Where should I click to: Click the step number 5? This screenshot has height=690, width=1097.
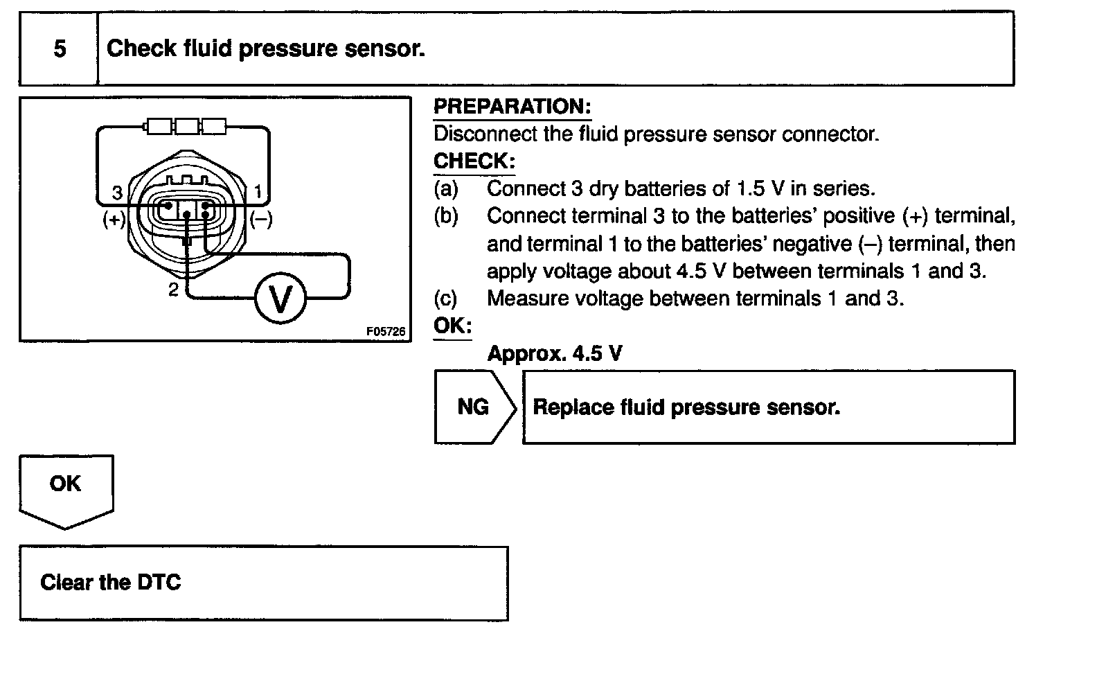(60, 48)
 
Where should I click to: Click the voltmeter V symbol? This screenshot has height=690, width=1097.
(280, 299)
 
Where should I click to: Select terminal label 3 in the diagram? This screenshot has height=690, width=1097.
(117, 192)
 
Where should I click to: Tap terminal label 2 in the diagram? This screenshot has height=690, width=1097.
(173, 290)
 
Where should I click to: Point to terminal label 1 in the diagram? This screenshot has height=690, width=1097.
(258, 191)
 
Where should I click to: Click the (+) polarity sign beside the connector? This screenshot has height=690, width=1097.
(114, 220)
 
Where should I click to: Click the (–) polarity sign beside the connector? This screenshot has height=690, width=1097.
(261, 220)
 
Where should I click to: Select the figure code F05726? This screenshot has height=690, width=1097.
(386, 332)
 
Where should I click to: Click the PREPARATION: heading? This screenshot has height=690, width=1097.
(512, 107)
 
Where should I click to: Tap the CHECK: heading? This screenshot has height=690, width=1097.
(474, 161)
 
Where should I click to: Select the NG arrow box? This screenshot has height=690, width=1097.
(474, 407)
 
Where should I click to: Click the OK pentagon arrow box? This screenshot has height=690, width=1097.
(66, 484)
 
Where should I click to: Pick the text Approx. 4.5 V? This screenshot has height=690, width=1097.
(554, 354)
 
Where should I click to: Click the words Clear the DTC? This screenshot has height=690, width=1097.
(111, 582)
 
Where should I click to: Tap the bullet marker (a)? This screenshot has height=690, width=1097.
(446, 188)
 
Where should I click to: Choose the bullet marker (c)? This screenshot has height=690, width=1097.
(445, 299)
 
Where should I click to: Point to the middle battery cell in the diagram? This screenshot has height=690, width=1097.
(186, 126)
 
